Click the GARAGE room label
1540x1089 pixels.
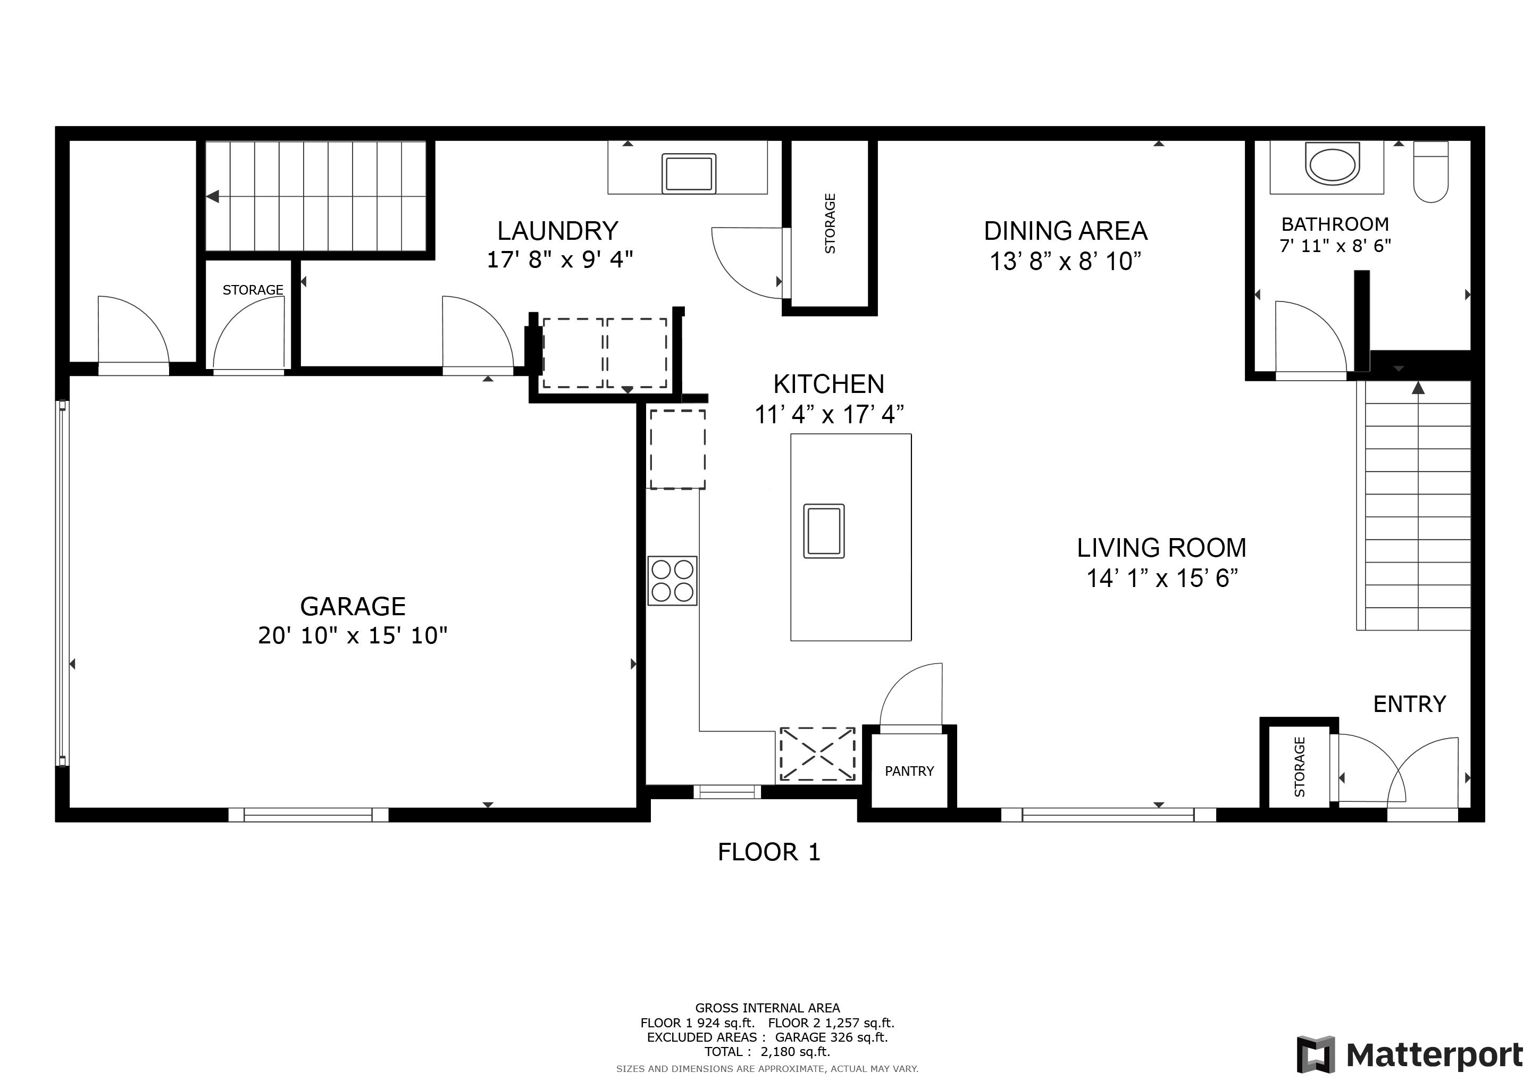pos(353,606)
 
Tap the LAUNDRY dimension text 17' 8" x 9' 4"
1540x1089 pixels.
pos(559,259)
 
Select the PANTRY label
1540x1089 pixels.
pos(909,771)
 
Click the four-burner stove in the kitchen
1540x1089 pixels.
pos(672,581)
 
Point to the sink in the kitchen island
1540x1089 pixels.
pos(824,531)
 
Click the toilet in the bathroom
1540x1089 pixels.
pos(1430,172)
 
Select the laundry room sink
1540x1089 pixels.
pos(688,174)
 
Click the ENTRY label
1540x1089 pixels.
pos(1409,704)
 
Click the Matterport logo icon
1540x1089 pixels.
pos(1317,1055)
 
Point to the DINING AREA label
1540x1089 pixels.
pos(1065,231)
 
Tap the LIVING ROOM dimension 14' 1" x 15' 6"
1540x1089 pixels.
pos(1162,578)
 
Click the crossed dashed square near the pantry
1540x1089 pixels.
pos(817,755)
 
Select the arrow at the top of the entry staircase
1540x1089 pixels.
pos(1417,388)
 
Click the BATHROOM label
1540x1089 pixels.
pos(1335,224)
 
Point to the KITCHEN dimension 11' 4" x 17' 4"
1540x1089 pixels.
pos(829,415)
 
